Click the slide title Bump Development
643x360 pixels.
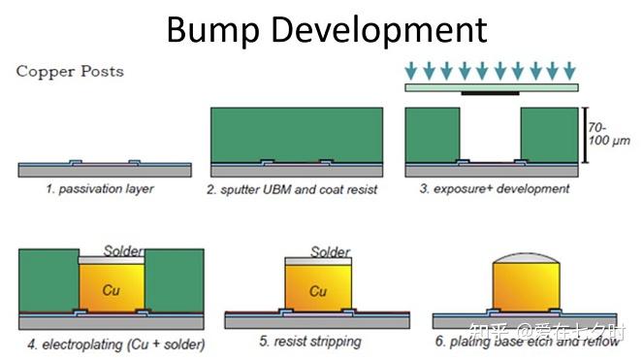pos(325,30)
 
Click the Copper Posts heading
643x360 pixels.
pos(70,72)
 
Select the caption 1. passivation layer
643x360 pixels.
pos(100,188)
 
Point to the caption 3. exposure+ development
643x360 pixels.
pos(495,188)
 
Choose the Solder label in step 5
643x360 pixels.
pos(330,252)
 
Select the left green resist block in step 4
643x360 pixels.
pos(46,280)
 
